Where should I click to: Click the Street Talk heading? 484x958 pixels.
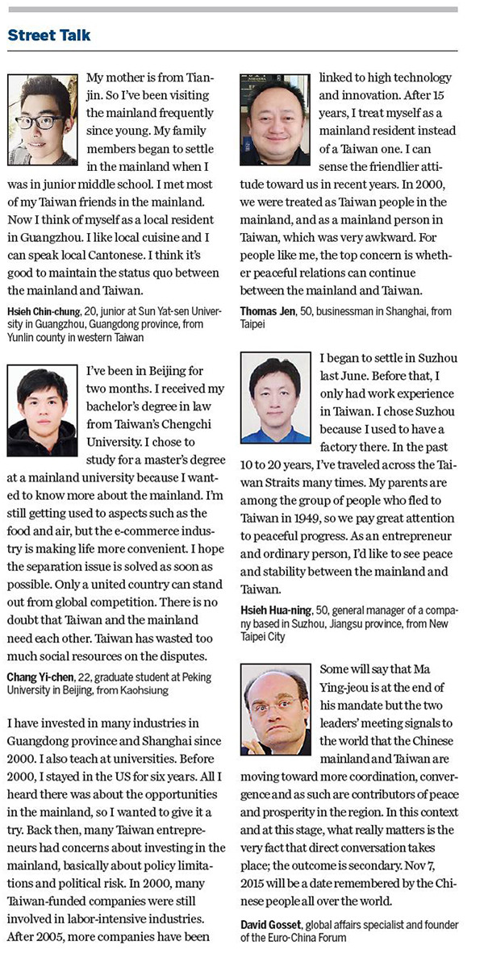pos(49,35)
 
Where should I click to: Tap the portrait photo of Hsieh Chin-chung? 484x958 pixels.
pos(42,119)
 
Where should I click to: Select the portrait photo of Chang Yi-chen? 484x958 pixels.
pos(42,411)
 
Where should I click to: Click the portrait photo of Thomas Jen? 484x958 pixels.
pos(275,119)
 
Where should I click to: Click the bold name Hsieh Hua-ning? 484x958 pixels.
pos(279,610)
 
